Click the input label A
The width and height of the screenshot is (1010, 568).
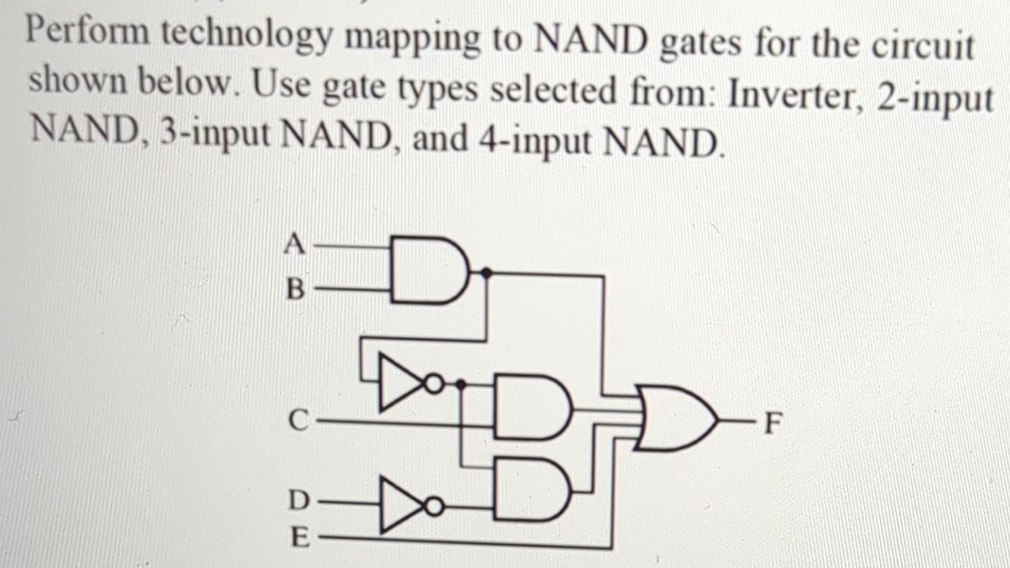293,244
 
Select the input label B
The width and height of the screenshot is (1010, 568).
293,292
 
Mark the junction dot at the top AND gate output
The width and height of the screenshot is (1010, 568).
487,272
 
